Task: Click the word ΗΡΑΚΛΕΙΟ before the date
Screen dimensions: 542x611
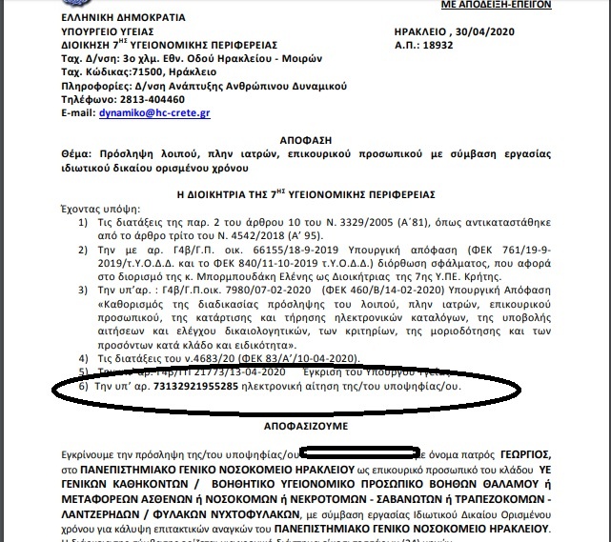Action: [419, 31]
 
